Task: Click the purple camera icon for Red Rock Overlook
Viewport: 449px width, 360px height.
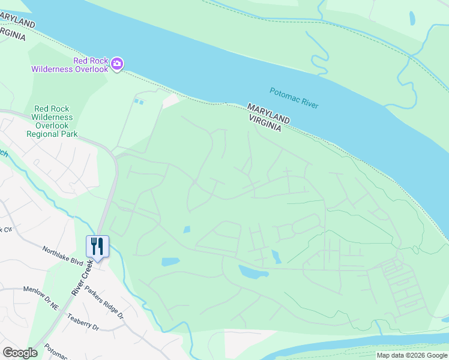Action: coord(117,64)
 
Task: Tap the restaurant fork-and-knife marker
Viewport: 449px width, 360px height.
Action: coord(97,245)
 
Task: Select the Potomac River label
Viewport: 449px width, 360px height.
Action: coord(294,97)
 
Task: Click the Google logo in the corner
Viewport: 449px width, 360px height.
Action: coord(20,353)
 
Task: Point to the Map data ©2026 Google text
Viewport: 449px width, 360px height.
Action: coord(412,355)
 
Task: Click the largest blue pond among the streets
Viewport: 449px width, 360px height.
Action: coord(253,272)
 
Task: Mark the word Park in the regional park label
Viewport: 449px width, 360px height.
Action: coord(68,134)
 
